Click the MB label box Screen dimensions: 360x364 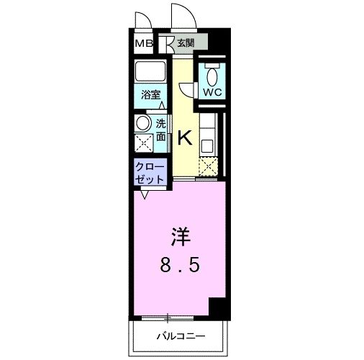[144, 43]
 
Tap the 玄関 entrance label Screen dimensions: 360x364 [185, 43]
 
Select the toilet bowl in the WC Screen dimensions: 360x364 [212, 74]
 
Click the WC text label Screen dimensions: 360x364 [211, 93]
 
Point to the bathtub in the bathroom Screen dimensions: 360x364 [152, 73]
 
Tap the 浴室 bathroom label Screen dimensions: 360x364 [150, 94]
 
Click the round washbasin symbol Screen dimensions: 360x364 [143, 122]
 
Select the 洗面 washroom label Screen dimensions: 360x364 [160, 129]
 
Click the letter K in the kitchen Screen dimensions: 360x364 [184, 137]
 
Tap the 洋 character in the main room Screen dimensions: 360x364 [179, 236]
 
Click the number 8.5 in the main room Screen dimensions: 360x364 [179, 265]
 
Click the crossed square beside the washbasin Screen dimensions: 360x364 [143, 141]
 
